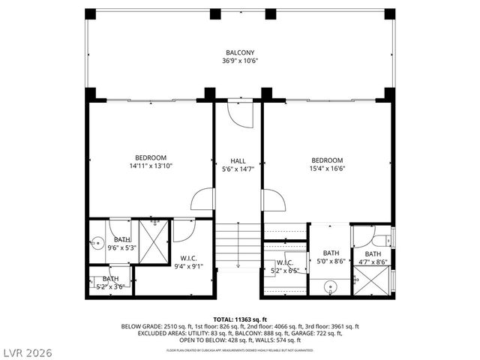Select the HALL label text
238,160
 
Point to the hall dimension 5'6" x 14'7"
238,169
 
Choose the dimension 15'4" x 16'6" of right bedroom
327,169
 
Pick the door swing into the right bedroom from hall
272,201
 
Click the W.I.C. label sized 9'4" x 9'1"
188,259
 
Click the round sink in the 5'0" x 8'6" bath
331,286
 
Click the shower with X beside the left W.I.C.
154,239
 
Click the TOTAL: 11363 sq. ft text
241,319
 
